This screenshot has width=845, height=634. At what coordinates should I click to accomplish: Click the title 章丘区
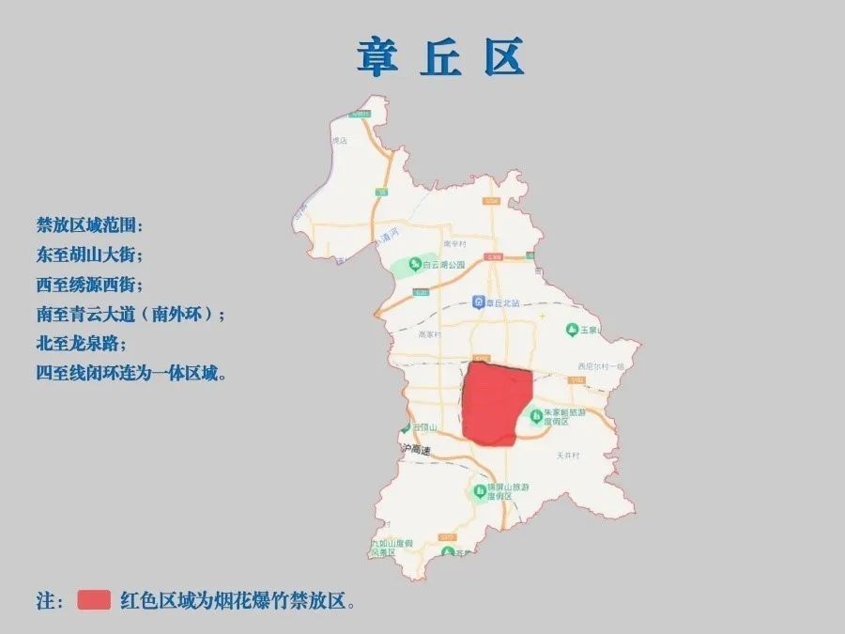point(439,57)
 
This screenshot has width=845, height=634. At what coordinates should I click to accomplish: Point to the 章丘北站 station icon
point(479,302)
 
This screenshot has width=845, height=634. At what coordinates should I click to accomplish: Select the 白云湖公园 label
point(443,265)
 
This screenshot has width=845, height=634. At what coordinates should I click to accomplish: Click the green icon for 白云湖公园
point(414,265)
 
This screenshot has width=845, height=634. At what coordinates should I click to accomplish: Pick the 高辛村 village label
point(455,242)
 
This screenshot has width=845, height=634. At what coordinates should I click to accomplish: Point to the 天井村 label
point(569,455)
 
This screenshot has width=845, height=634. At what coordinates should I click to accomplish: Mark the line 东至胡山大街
point(90,255)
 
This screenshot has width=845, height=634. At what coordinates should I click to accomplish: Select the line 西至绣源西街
point(90,285)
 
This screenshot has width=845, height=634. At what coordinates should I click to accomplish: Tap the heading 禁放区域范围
point(90,225)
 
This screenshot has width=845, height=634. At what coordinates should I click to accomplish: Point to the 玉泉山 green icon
point(572,330)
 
